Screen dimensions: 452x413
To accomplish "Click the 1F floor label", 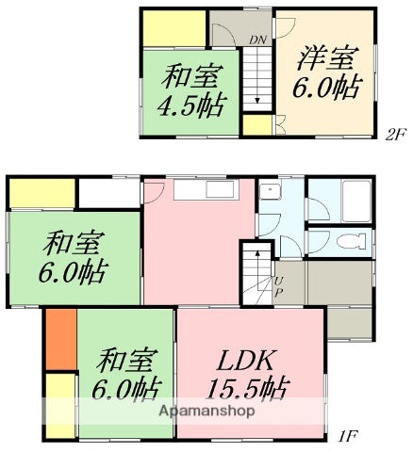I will click(x=349, y=435).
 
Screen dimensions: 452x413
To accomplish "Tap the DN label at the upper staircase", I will click(x=256, y=40).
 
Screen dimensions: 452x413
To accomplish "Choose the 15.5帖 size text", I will click(x=248, y=388).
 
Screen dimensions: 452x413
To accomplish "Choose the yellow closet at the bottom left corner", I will click(x=60, y=405).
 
